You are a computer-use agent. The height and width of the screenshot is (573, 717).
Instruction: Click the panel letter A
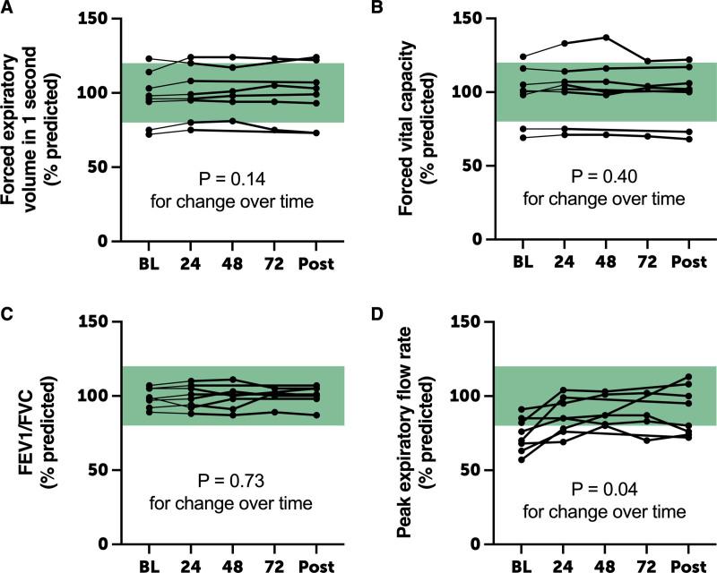coord(7,8)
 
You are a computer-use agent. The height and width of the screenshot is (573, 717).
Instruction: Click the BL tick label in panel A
coord(149,265)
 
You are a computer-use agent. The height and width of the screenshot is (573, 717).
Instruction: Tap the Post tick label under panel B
coord(688,265)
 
